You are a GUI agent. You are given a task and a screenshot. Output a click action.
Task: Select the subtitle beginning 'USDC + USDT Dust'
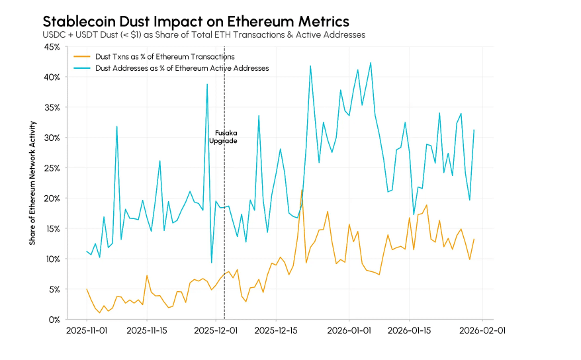coord(203,34)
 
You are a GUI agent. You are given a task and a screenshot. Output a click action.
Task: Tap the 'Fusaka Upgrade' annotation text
coord(222,137)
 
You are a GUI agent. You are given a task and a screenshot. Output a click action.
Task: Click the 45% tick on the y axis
coord(51,47)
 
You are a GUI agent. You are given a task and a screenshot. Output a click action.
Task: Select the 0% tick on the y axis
coord(54,320)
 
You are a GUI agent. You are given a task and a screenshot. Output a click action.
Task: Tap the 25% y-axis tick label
coord(51,168)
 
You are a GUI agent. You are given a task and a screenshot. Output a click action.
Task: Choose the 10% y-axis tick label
coord(51,259)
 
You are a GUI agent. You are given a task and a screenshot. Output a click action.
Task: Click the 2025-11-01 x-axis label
coord(87,329)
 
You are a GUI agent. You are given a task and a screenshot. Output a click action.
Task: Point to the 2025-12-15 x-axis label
coord(275,329)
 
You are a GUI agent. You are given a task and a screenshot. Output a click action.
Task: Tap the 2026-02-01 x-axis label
coord(481,329)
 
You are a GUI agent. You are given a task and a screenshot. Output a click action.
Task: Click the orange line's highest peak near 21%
coord(302,190)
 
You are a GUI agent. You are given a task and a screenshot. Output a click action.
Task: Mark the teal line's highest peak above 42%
coord(371,62)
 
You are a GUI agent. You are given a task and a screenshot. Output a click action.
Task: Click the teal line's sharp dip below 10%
coord(212,263)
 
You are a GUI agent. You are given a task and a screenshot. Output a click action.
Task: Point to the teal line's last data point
coord(474,130)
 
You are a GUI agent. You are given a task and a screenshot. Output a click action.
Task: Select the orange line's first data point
coord(87,289)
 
